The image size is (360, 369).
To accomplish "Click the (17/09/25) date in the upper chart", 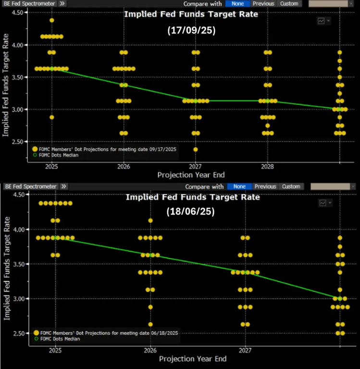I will [191, 30].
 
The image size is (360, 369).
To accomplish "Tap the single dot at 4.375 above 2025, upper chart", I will [51, 20].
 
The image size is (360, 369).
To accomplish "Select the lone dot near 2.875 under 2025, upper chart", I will [51, 117].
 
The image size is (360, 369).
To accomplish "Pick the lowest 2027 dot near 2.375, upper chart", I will [195, 149].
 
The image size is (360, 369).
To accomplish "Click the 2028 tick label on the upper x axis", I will [267, 166].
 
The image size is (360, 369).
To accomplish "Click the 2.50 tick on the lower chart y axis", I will [19, 333].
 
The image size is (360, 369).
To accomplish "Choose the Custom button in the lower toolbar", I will [291, 186].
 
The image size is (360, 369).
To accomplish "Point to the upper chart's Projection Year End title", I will [191, 175].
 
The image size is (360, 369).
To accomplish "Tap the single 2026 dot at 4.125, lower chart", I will [150, 221].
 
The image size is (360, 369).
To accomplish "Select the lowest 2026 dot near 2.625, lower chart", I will [150, 324].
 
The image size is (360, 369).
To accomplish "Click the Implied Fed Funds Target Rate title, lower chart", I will [192, 197].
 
